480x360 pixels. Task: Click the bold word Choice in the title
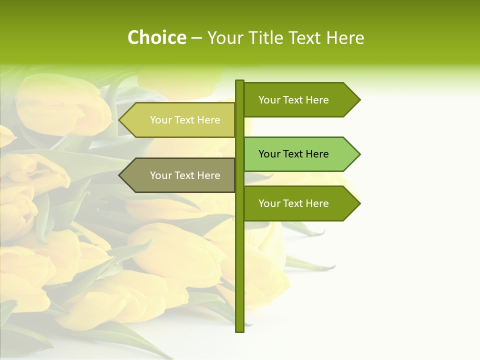click(156, 38)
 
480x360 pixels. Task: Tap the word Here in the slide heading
click(345, 38)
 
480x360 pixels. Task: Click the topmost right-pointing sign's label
click(293, 100)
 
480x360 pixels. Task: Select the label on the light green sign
click(293, 154)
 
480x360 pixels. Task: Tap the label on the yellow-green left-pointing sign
click(185, 120)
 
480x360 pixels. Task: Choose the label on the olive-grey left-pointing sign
click(185, 175)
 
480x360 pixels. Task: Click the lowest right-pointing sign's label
click(293, 203)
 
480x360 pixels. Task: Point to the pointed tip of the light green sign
click(359, 154)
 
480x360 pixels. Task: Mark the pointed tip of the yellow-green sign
click(120, 120)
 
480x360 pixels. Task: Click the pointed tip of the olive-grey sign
click(120, 175)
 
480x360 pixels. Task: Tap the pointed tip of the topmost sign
click(359, 100)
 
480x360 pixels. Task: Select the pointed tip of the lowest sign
click(359, 203)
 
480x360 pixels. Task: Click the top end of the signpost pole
click(239, 81)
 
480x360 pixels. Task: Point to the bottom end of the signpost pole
click(239, 330)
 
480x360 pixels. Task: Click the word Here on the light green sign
click(316, 154)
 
